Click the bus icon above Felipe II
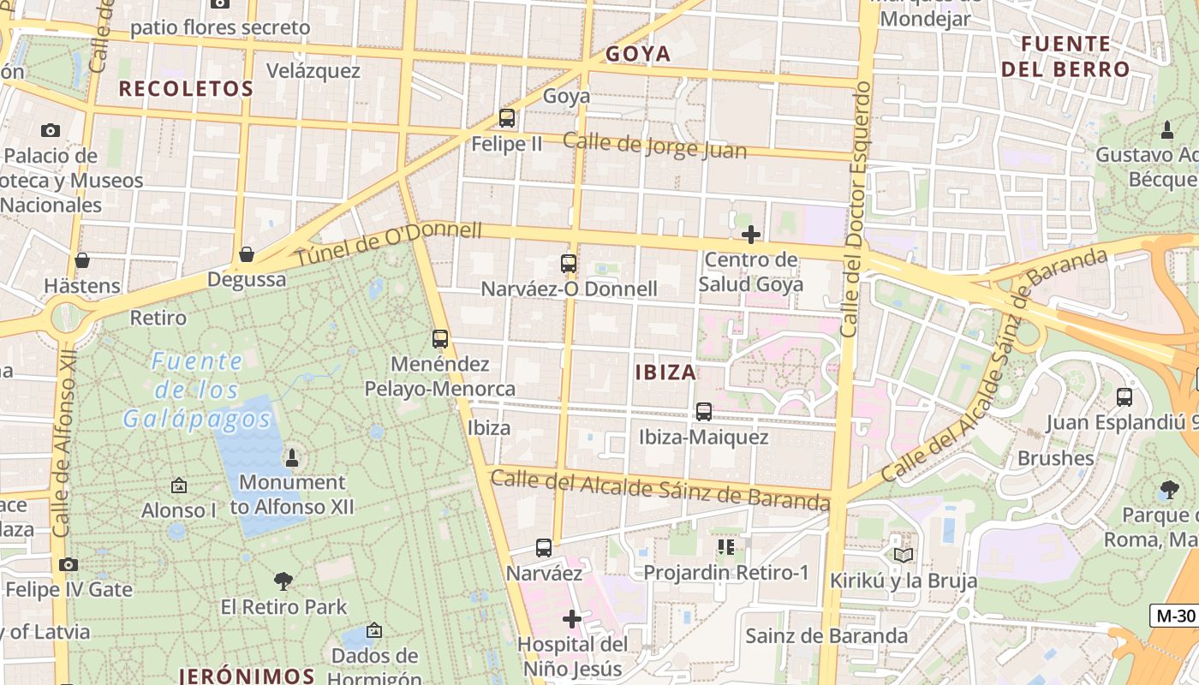pyautogui.click(x=507, y=118)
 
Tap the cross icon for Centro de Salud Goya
pyautogui.click(x=751, y=235)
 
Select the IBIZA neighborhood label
pyautogui.click(x=665, y=372)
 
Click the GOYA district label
pyautogui.click(x=638, y=54)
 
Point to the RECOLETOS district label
pyautogui.click(x=186, y=88)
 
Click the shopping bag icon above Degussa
pyautogui.click(x=247, y=254)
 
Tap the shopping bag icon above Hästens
pyautogui.click(x=82, y=260)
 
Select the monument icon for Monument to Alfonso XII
pyautogui.click(x=291, y=457)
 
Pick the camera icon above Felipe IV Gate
pyautogui.click(x=69, y=564)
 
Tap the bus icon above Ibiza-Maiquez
pyautogui.click(x=704, y=412)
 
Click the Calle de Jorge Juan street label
pyautogui.click(x=655, y=146)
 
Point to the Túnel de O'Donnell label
pyautogui.click(x=390, y=243)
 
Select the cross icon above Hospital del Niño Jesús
pyautogui.click(x=572, y=618)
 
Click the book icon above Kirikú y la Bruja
pyautogui.click(x=903, y=555)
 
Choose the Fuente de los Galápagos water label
pyautogui.click(x=197, y=390)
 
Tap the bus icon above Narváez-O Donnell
pyautogui.click(x=569, y=264)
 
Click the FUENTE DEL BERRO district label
pyautogui.click(x=1066, y=56)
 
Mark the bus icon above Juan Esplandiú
pyautogui.click(x=1124, y=397)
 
